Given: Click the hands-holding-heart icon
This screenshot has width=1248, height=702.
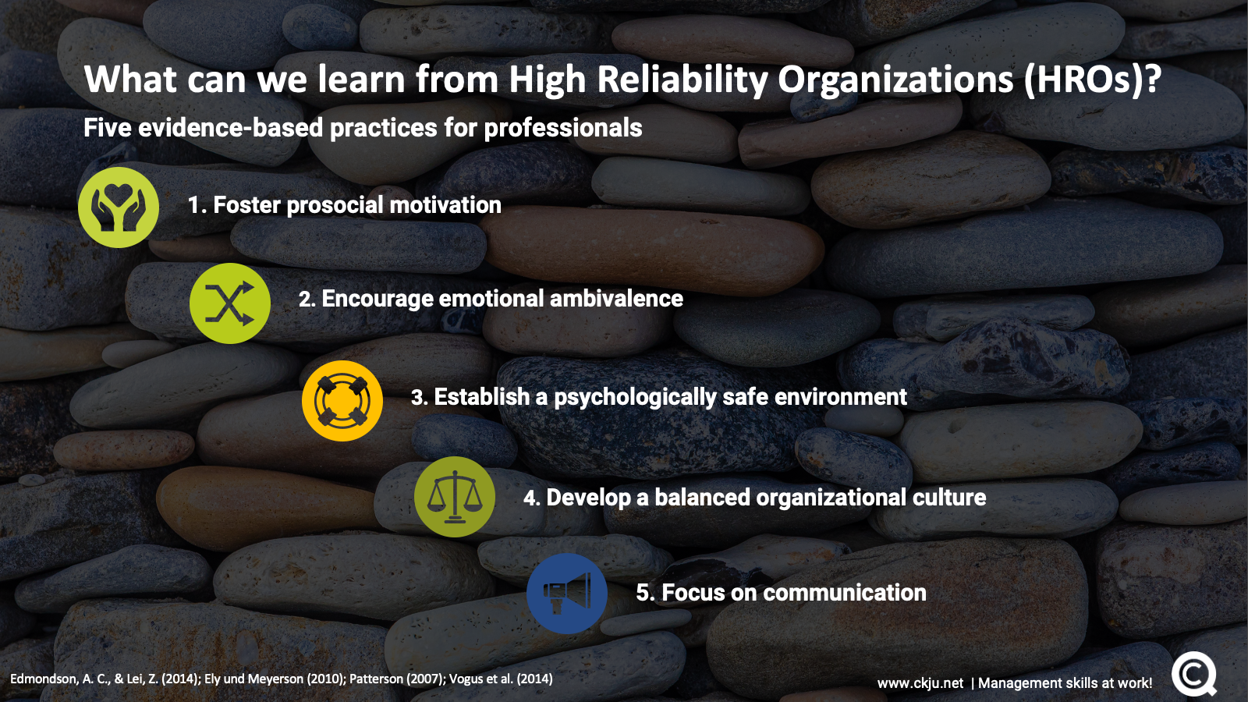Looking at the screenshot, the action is [x=118, y=207].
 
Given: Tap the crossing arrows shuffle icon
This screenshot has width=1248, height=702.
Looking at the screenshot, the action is [x=229, y=303].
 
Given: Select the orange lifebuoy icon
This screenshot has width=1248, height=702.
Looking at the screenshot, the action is [x=342, y=401].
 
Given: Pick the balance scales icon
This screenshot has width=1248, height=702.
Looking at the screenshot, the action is [x=455, y=497].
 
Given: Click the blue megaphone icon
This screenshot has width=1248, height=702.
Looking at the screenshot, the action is [x=566, y=594].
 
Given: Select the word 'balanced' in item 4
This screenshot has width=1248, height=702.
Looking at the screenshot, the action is [x=702, y=498].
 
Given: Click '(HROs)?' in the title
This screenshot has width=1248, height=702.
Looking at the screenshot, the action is [x=1092, y=80].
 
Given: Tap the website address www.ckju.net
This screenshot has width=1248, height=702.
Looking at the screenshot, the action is [x=920, y=683].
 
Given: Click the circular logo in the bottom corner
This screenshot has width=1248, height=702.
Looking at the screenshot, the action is [x=1193, y=675].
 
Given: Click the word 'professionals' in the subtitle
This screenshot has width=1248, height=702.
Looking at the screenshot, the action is [x=562, y=128].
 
